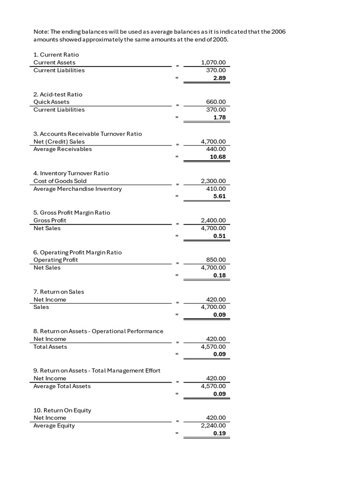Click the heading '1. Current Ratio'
pos(56,55)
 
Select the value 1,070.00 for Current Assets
pos(213,62)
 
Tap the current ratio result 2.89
pos(219,78)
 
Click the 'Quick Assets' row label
pos(52,102)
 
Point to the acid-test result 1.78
pos(219,118)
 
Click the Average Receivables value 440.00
pos(216,149)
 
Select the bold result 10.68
pos(218,157)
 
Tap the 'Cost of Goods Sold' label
pos(60,181)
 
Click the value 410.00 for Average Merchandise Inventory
pos(216,189)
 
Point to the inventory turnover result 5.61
pos(219,196)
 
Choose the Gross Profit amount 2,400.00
pos(213,220)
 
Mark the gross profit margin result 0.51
pos(219,236)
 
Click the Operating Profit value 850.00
pos(216,260)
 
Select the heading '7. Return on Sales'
pos(59,292)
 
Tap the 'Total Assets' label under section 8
pos(50,347)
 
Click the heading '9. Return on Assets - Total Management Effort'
pos(97,370)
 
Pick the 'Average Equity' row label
pos(54,426)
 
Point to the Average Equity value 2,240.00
pos(213,426)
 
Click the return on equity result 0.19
pos(219,434)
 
